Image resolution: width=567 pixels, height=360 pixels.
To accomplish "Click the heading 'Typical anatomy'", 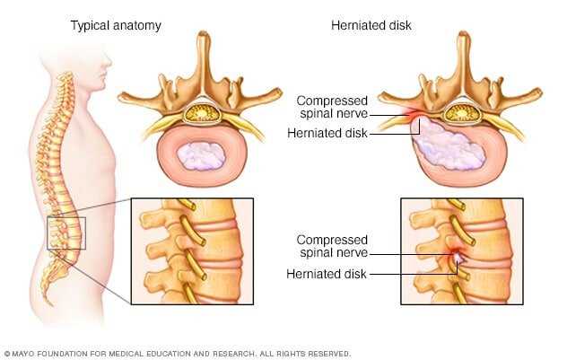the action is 116,26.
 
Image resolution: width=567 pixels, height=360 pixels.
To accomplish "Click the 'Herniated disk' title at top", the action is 371,25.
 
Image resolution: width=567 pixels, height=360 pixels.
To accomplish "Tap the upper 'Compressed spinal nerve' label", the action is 332,107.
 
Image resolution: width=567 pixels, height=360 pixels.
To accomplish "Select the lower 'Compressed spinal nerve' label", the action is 332,246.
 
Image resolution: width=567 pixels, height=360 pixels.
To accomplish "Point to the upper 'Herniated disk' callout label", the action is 327,133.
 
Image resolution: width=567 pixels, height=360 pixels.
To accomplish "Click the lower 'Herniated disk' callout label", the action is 327,274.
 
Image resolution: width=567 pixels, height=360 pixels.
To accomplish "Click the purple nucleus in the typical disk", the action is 201,156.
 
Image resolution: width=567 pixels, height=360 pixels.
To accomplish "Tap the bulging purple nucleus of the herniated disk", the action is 448,145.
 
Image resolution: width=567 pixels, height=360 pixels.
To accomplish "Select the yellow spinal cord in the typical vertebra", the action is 202,113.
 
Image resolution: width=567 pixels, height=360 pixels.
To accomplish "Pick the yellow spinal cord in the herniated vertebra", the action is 462,113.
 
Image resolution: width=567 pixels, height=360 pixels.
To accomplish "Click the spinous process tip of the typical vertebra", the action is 204,35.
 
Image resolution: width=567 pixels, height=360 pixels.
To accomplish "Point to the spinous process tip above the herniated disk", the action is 464,35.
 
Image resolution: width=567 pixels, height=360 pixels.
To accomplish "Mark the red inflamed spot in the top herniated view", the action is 414,115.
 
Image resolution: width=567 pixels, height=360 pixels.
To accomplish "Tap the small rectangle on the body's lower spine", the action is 66,233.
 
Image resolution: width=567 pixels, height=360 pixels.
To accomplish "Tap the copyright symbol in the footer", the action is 7,354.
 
